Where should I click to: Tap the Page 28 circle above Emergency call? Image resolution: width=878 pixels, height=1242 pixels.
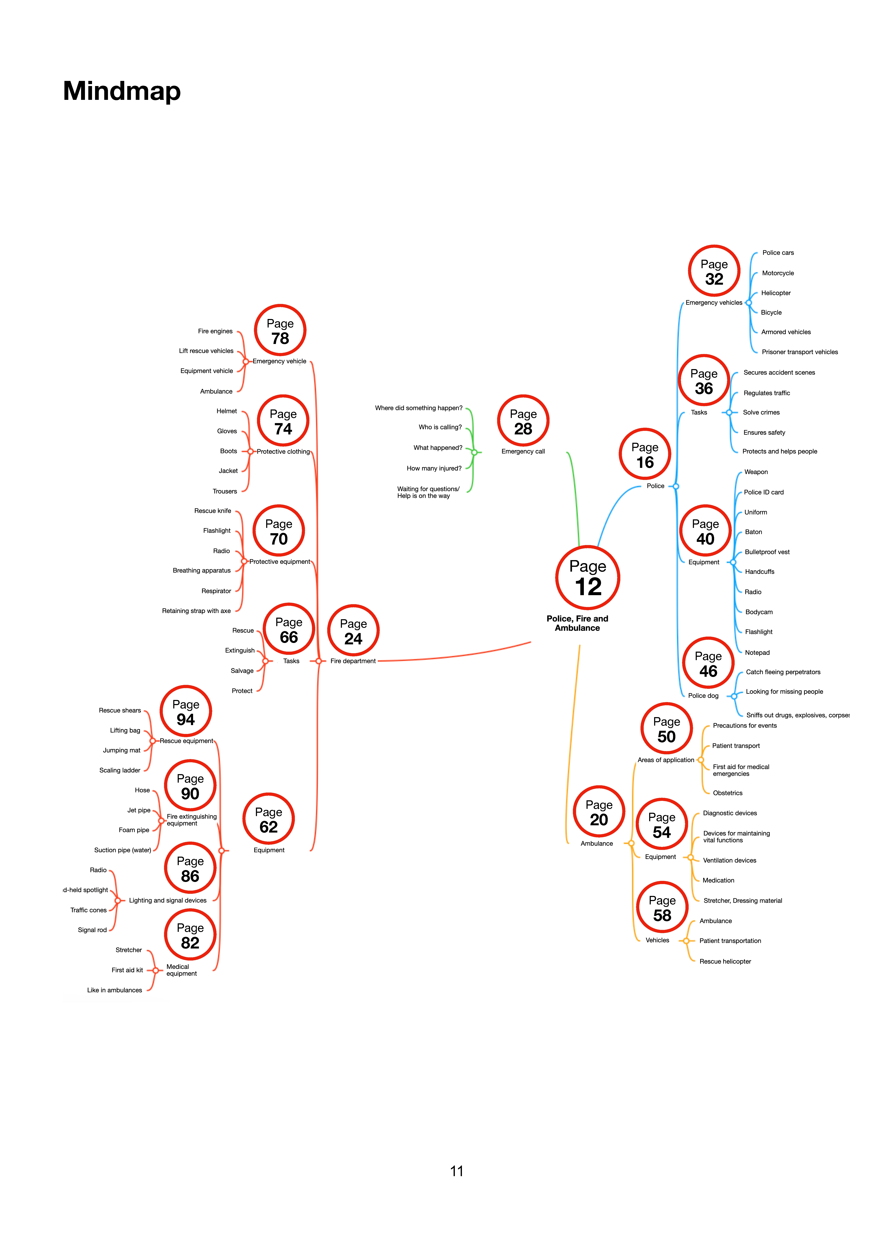click(523, 421)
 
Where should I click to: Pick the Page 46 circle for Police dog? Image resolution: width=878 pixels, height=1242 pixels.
click(708, 663)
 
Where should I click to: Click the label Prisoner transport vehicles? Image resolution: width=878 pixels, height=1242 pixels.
click(800, 352)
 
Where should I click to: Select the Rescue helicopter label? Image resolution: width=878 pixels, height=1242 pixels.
click(725, 961)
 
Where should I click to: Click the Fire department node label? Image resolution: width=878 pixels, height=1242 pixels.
click(353, 661)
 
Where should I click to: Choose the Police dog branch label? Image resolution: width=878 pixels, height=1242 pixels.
click(703, 696)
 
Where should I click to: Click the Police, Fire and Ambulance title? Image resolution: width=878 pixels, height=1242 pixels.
click(577, 623)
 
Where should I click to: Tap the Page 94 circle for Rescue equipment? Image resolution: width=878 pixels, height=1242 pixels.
click(185, 711)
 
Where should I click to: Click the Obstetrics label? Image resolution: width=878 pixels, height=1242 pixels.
click(728, 793)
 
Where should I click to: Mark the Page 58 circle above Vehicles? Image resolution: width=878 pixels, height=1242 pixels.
click(662, 908)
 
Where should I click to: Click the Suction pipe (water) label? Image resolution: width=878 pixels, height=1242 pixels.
click(123, 850)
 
